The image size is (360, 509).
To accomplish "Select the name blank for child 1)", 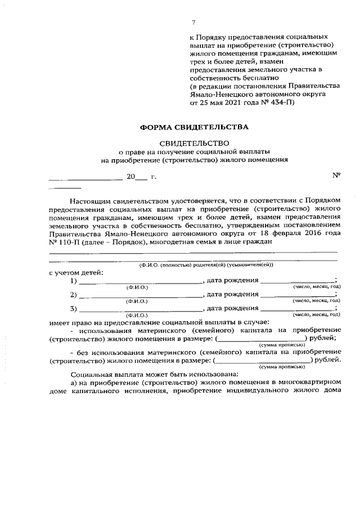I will point(141,280).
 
